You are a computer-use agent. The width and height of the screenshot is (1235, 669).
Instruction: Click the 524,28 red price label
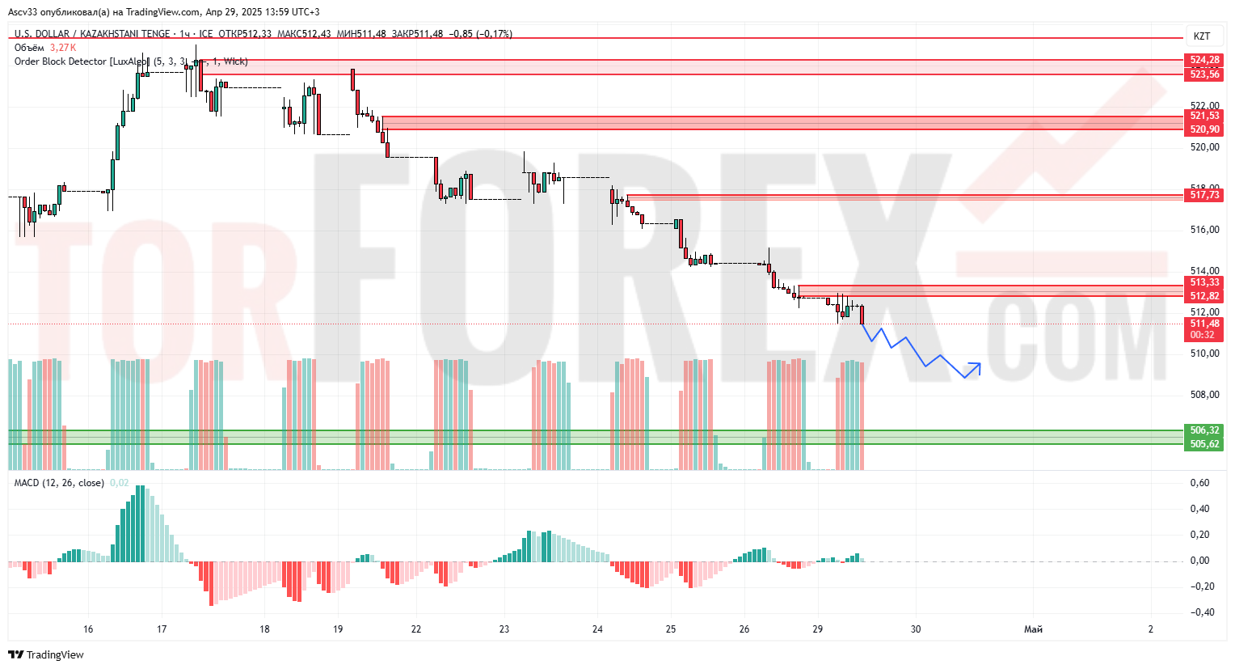pos(1204,60)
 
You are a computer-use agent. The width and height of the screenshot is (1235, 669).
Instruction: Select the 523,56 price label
pos(1204,74)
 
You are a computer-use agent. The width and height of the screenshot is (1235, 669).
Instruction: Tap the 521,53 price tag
pos(1204,116)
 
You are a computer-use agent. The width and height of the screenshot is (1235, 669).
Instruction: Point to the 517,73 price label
pos(1204,195)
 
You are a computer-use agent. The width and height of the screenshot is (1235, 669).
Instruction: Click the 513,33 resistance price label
pos(1204,282)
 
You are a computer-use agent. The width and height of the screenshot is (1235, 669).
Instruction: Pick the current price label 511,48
pos(1204,324)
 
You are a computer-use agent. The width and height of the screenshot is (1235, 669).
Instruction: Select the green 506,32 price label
pos(1204,430)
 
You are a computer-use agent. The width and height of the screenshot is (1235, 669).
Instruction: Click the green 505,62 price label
pos(1204,444)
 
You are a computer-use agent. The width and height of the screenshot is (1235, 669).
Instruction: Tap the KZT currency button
pos(1202,36)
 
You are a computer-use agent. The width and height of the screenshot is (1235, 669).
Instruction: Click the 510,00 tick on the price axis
pos(1204,354)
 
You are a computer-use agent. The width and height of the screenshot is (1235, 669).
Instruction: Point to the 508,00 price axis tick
pos(1204,395)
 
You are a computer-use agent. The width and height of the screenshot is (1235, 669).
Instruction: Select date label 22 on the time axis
pos(416,629)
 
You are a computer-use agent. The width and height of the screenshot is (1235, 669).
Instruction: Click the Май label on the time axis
pos(1033,629)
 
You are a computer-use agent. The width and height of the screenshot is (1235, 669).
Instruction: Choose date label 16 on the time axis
pos(88,629)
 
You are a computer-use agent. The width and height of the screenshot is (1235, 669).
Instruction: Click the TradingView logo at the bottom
pos(47,654)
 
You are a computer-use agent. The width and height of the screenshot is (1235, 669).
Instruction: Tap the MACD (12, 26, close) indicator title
pos(59,483)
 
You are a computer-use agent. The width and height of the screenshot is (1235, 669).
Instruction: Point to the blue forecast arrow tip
pos(980,364)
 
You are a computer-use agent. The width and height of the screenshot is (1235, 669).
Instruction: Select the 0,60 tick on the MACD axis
pos(1200,483)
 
